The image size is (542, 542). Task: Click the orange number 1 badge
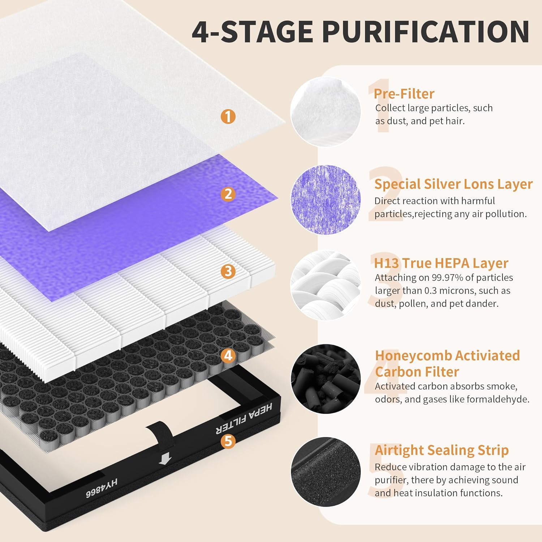(x=228, y=116)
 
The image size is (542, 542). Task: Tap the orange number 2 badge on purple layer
(x=228, y=194)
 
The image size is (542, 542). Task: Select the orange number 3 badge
(x=228, y=271)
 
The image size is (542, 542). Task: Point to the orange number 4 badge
(x=228, y=356)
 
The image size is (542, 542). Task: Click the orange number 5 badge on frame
(x=228, y=441)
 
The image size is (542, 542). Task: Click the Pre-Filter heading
(x=404, y=94)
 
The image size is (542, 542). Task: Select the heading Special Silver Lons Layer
(x=453, y=184)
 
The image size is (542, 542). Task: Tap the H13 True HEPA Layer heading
(x=441, y=263)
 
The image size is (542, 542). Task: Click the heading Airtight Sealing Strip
(x=442, y=450)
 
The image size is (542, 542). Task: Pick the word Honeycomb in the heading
(x=413, y=356)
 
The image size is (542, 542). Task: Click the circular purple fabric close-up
(x=326, y=199)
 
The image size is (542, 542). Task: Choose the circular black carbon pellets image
(x=326, y=379)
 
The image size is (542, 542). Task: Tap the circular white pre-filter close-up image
(x=326, y=112)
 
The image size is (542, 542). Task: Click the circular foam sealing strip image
(x=326, y=472)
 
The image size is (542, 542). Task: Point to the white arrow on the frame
(x=165, y=459)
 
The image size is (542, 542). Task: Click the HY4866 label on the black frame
(x=102, y=488)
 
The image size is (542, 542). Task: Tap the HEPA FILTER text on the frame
(x=244, y=419)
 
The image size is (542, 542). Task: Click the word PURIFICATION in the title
(x=426, y=32)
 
